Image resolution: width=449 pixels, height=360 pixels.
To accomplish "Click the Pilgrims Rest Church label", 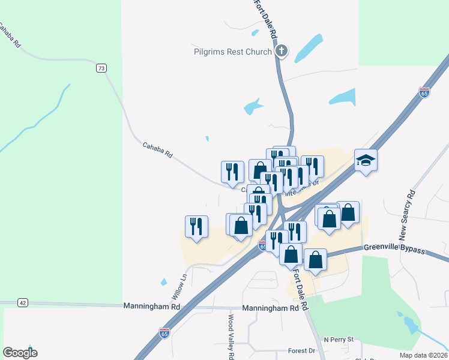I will coord(233,52).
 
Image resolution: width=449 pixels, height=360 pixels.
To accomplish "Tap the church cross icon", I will coord(282,52).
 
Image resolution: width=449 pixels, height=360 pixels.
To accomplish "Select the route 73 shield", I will coord(101,68).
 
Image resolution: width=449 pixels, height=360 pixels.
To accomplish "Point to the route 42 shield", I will coord(22,303).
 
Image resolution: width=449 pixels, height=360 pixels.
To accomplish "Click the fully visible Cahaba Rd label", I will coord(158,150).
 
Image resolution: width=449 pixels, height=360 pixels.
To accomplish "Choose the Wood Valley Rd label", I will coord(231,337).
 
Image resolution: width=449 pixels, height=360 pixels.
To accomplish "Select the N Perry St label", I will coord(339,340).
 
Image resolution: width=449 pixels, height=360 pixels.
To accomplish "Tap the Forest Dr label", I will coord(301,350).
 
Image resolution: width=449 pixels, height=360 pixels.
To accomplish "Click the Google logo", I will coord(20,353).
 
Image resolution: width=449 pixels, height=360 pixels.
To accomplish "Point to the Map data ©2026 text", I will coord(422,355).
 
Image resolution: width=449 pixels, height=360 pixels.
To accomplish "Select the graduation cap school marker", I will coord(366,160).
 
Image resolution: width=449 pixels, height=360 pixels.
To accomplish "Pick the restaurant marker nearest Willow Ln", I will coord(196,227).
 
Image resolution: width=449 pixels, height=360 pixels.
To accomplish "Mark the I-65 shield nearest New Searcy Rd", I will coord(424,92).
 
